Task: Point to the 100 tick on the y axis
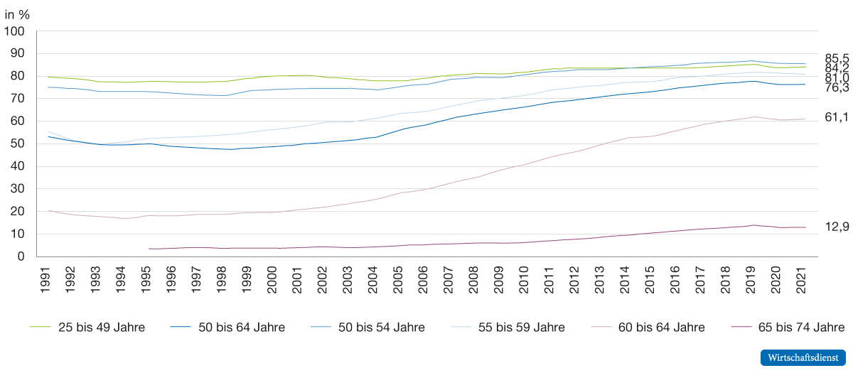coord(16,32)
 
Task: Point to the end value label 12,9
coord(837,227)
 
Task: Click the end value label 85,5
coord(837,57)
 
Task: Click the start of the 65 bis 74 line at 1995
coord(149,249)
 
